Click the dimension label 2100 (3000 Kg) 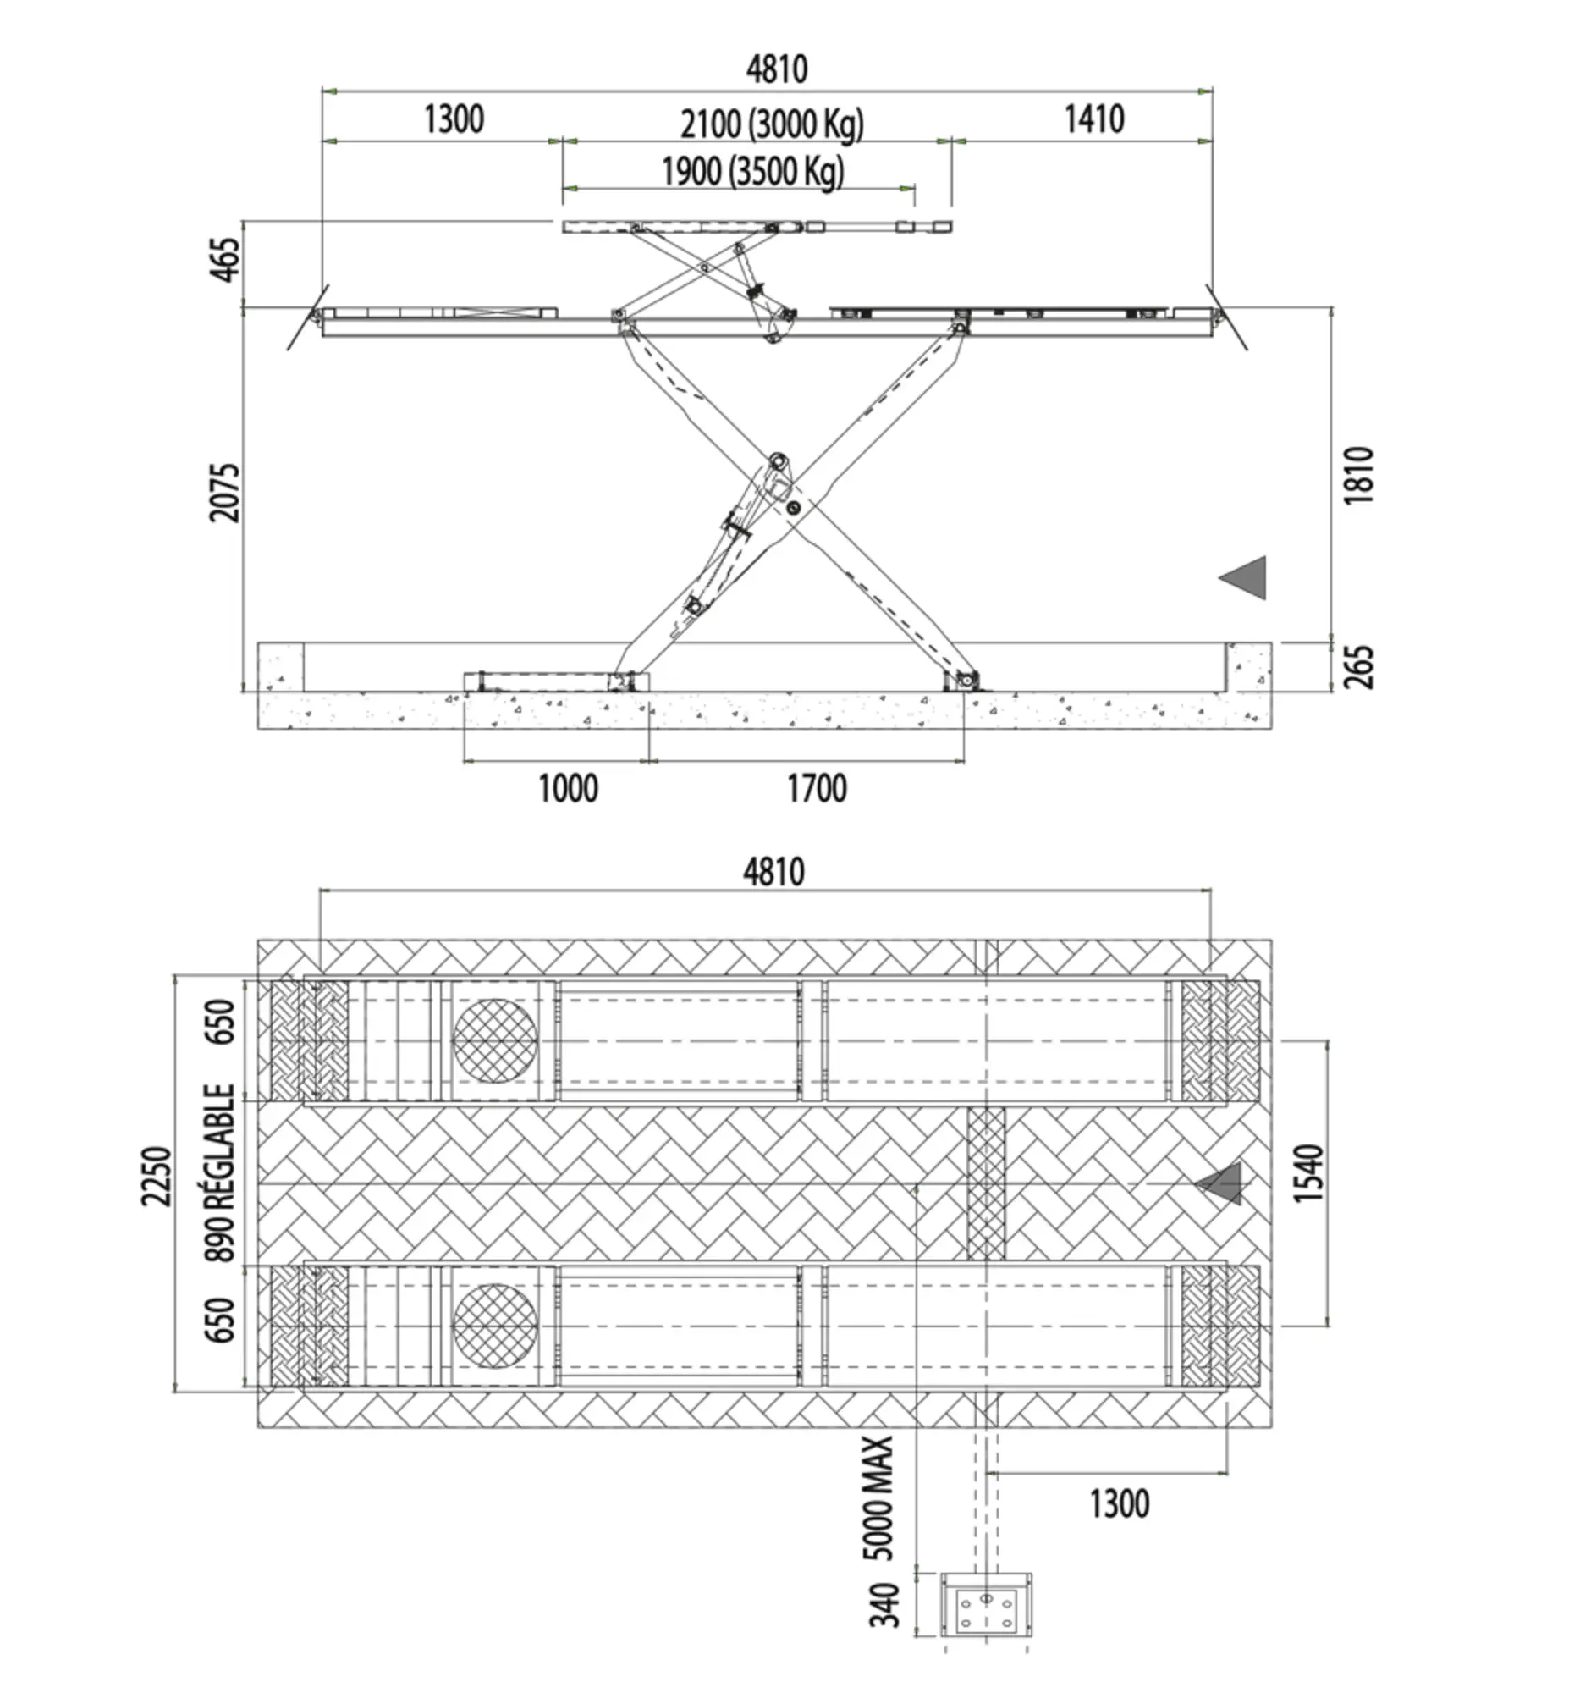[772, 124]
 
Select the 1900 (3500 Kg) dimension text [753, 173]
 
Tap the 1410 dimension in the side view [1094, 119]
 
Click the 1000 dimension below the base [568, 789]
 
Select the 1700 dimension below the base [817, 789]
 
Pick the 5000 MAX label [878, 1497]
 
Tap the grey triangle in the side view [1243, 578]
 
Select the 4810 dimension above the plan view [773, 872]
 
